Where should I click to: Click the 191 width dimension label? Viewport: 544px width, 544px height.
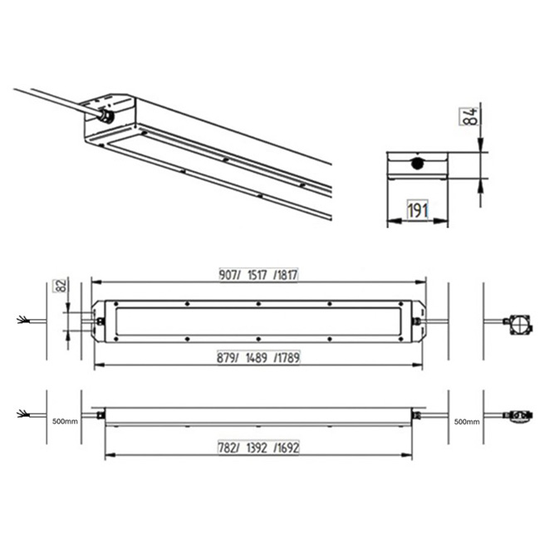(418, 209)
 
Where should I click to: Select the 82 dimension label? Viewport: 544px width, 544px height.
(61, 286)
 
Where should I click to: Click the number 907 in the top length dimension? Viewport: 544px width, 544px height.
(228, 275)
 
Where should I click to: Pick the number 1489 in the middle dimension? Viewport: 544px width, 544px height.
(257, 358)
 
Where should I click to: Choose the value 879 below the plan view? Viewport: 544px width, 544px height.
(227, 358)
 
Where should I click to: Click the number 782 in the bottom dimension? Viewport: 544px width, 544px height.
(228, 448)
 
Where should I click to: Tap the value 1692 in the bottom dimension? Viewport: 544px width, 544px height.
(287, 448)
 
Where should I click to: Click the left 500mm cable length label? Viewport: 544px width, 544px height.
(65, 422)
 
